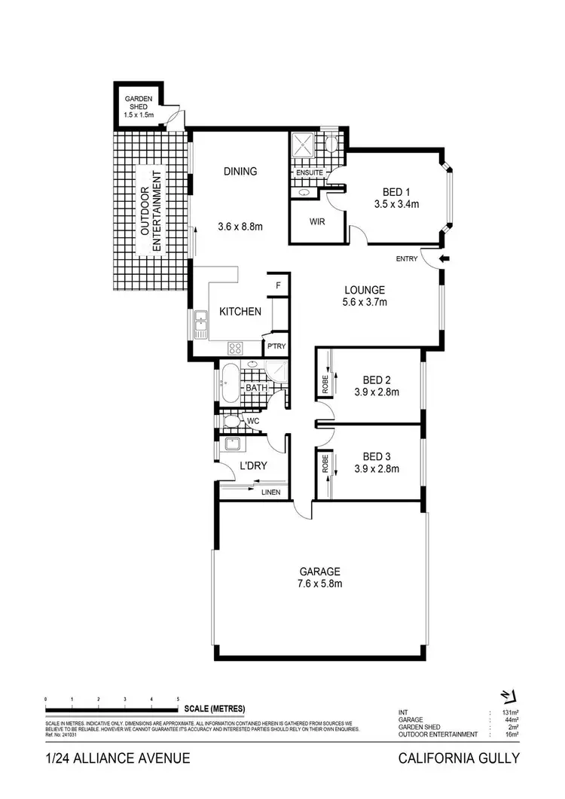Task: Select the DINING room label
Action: tap(240, 171)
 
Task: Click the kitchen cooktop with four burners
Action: tap(235, 348)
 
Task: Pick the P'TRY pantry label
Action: tap(275, 346)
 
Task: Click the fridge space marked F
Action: tap(278, 285)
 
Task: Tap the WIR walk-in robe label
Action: tap(317, 222)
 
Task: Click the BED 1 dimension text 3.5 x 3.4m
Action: tap(395, 203)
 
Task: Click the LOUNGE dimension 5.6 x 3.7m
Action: tap(365, 303)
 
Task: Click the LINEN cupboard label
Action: tap(270, 493)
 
